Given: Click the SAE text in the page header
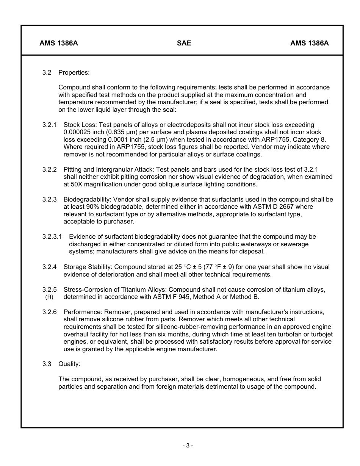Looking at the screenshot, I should (184, 43).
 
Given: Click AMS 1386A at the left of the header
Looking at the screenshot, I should (59, 43).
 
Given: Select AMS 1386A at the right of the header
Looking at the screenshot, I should (309, 43).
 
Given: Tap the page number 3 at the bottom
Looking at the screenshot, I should (188, 446).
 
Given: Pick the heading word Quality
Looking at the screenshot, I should (69, 364).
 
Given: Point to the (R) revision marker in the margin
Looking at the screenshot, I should (49, 297).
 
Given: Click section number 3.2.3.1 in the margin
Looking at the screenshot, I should (52, 237).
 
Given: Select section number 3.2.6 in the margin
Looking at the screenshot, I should (50, 312).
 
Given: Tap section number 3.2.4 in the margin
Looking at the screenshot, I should (50, 267).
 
